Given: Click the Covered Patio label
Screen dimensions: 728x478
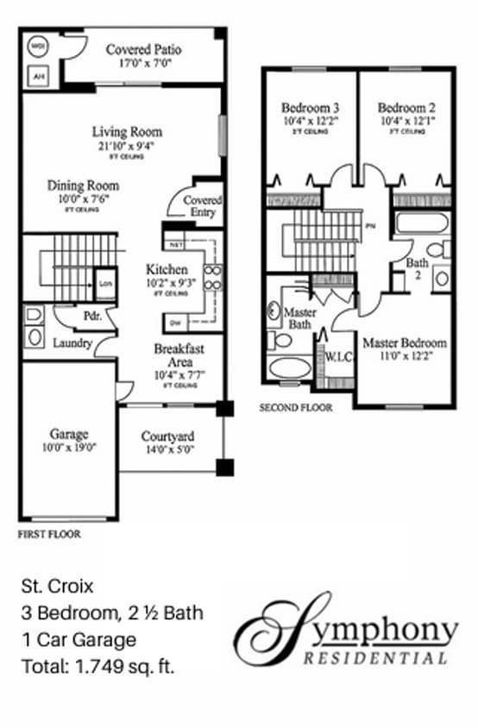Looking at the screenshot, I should [144, 49].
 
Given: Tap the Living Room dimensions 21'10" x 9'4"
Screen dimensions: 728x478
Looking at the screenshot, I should [127, 146].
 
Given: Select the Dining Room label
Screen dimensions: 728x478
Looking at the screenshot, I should [83, 185].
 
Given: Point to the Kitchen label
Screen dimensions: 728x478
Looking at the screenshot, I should [167, 268].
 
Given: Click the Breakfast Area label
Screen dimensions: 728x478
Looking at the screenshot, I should [178, 356].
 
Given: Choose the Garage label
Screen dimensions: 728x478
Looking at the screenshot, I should [68, 434].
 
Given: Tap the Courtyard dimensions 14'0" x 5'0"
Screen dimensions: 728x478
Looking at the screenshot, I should [167, 449].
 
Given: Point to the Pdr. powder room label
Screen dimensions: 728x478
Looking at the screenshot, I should [93, 316].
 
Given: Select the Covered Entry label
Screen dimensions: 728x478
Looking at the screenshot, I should [203, 206].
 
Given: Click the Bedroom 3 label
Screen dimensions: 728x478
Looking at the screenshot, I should [310, 108].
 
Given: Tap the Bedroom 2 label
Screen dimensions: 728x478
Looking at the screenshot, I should [406, 108].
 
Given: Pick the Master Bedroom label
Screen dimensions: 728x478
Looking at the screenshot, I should [404, 342].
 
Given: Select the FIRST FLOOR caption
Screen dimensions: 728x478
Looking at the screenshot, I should [49, 535].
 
